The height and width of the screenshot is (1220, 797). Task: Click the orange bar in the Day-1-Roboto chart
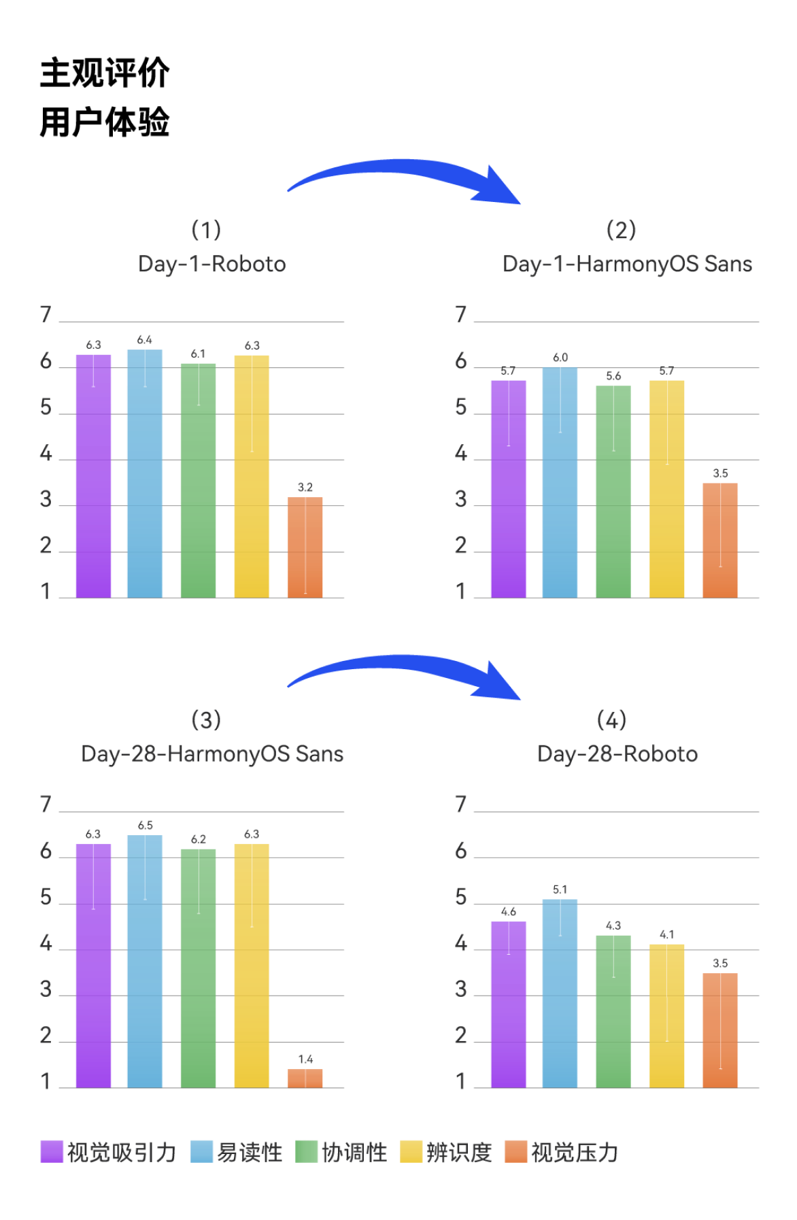click(305, 547)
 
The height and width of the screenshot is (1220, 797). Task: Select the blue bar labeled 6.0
click(560, 483)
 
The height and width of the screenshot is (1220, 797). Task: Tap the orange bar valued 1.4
click(305, 1079)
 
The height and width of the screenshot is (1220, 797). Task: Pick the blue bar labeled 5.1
click(560, 993)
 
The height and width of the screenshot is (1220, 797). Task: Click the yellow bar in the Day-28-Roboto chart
click(666, 1016)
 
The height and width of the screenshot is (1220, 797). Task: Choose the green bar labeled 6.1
click(198, 480)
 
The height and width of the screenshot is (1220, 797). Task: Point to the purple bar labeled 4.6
click(508, 1004)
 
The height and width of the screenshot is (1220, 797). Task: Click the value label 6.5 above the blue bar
click(145, 826)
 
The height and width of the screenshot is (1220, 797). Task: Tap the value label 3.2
click(305, 488)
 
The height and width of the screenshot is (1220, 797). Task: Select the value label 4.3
click(613, 926)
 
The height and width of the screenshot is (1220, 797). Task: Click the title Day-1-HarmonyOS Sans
click(627, 264)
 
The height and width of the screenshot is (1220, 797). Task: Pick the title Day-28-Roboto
click(617, 754)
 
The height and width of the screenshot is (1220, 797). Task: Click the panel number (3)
click(206, 719)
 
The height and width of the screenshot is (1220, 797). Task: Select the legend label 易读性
click(250, 1152)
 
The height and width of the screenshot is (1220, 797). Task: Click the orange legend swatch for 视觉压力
click(516, 1151)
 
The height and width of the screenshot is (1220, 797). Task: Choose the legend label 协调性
click(354, 1152)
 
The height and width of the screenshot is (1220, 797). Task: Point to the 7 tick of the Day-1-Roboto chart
click(46, 314)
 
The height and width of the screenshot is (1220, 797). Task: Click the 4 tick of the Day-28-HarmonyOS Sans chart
click(46, 944)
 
